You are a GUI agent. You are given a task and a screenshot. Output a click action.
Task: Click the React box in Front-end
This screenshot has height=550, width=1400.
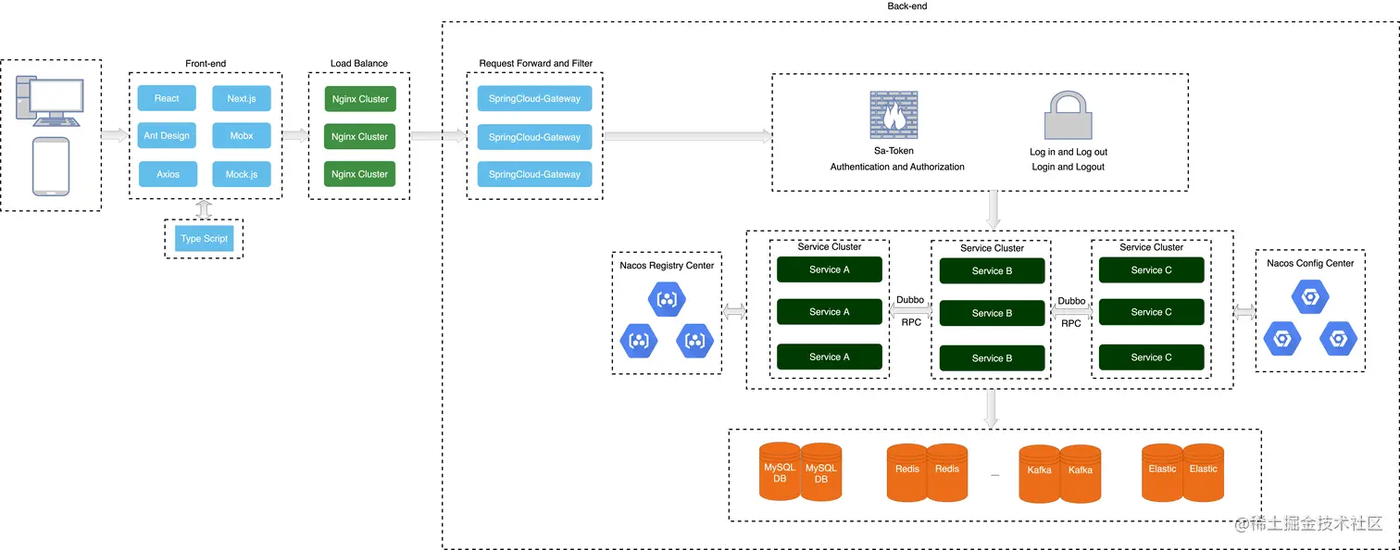(167, 98)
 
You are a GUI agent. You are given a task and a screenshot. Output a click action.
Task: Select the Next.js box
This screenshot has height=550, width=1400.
(242, 98)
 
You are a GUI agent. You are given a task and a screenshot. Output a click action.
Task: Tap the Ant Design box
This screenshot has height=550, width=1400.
(167, 136)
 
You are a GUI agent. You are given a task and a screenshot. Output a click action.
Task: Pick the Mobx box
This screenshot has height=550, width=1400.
(242, 136)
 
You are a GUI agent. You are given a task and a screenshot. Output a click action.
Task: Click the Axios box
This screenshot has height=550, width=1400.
(168, 174)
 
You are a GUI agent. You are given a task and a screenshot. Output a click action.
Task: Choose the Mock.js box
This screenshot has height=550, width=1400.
(242, 174)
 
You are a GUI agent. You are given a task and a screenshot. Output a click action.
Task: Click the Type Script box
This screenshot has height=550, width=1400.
(204, 239)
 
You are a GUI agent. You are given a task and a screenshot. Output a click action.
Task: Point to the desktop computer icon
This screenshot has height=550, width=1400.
(51, 101)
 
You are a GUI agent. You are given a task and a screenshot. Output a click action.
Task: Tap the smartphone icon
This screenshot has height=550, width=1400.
(51, 167)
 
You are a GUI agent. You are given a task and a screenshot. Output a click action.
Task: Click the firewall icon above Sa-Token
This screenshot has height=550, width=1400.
(894, 115)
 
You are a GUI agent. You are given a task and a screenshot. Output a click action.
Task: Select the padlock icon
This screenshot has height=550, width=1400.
(1069, 116)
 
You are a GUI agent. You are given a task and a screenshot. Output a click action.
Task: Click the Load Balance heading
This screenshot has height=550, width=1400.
(359, 64)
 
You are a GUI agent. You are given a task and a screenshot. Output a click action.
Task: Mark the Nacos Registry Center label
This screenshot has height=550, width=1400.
(667, 266)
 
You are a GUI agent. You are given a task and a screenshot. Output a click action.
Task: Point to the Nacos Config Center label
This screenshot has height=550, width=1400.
(1310, 264)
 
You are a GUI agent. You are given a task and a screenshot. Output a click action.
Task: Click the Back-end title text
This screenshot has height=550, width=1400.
(906, 6)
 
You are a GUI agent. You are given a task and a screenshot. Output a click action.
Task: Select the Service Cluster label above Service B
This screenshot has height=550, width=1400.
(992, 248)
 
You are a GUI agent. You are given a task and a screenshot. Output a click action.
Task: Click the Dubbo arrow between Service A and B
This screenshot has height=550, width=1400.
(910, 313)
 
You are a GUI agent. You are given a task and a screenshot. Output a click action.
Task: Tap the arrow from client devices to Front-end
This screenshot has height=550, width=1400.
(115, 136)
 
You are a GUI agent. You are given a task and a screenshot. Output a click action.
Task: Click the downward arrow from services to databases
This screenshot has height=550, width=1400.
(991, 408)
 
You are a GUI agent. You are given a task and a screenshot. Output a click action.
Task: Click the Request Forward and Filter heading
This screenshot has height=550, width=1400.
(535, 64)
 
